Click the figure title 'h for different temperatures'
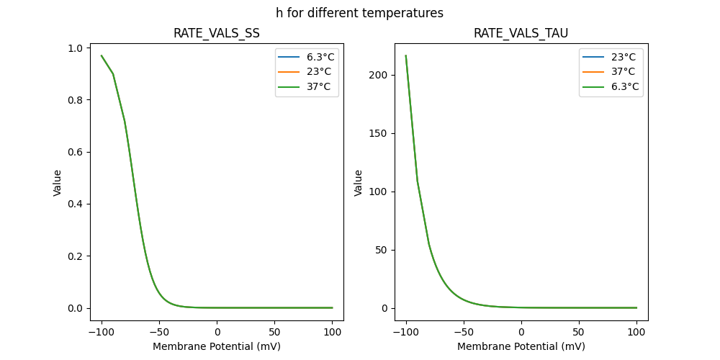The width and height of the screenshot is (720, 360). [x=359, y=13]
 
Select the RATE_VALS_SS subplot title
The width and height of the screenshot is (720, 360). [x=217, y=34]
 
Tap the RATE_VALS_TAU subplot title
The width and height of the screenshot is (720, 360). [x=521, y=34]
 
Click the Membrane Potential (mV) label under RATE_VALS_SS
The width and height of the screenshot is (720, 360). [x=217, y=346]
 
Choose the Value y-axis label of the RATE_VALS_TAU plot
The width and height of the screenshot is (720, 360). [x=358, y=183]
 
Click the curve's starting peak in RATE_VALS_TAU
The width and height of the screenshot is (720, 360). [x=405, y=55]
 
